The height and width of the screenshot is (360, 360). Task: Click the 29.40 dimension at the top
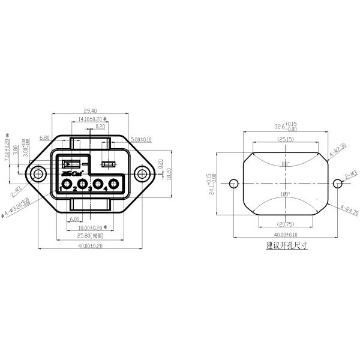pos(90,111)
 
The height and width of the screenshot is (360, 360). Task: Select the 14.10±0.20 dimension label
pos(92,119)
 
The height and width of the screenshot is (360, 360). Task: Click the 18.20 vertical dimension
pos(169,174)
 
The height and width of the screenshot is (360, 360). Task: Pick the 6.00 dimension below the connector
pos(74,220)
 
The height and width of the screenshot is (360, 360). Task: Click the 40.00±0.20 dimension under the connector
pos(90,245)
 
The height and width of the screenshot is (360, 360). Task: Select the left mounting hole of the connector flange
pos(39,175)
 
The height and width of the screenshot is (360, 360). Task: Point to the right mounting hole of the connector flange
pos(142,175)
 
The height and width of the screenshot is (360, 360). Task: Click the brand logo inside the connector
pos(71,173)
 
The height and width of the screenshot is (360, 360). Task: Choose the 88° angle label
pos(285,164)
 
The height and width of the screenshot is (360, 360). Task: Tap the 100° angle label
pos(285,194)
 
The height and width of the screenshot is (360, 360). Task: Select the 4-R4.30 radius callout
pos(349,210)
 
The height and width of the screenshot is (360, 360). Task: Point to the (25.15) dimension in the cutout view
pos(285,139)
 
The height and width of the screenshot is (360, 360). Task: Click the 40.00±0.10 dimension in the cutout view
pos(286,235)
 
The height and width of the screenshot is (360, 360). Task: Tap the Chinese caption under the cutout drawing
pos(286,246)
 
